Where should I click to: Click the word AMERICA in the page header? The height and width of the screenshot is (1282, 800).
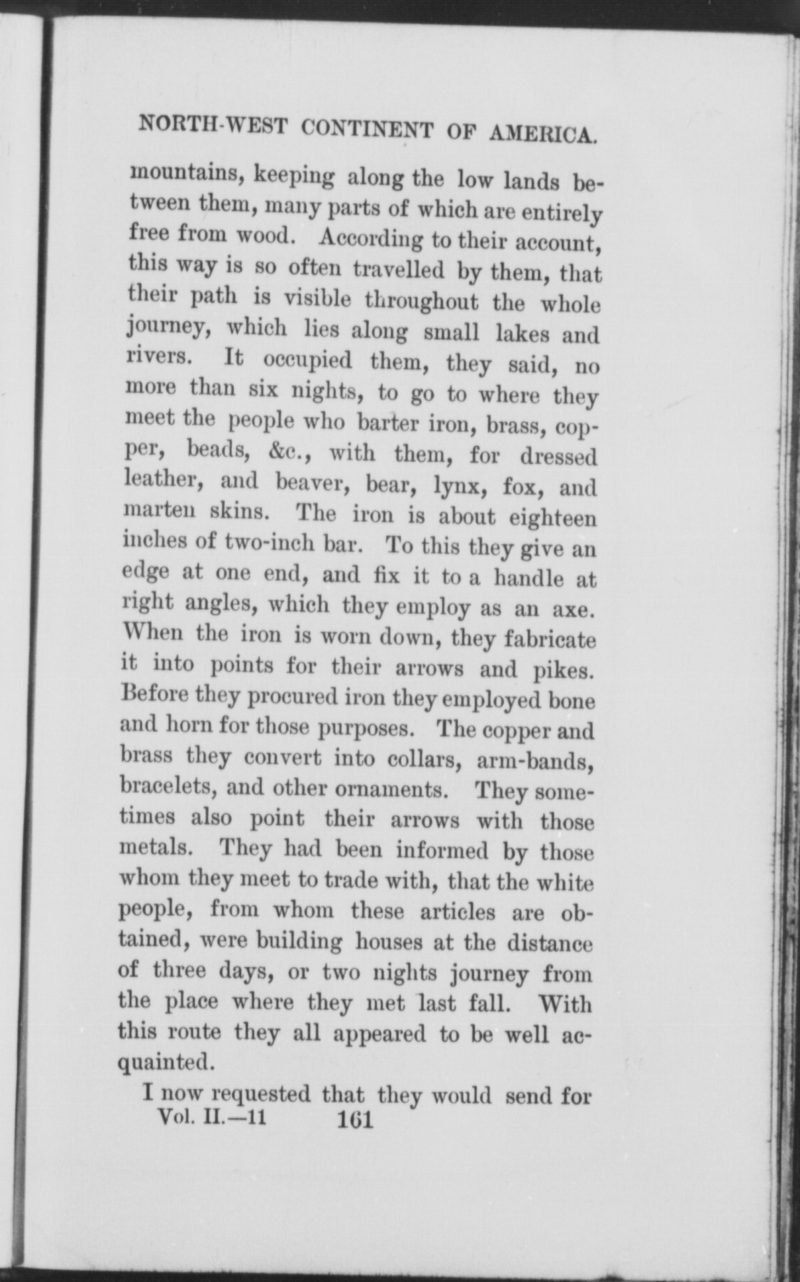pos(544,132)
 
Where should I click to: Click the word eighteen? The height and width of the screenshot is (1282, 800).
pos(553,517)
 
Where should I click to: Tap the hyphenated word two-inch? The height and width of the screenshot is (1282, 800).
pos(269,543)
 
